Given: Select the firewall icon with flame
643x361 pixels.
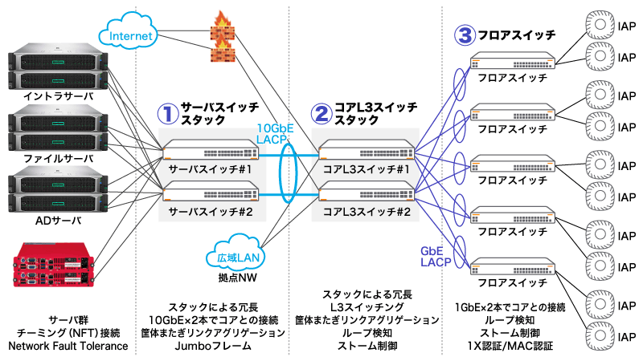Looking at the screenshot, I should pyautogui.click(x=219, y=38).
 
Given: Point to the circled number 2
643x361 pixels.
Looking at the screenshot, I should pyautogui.click(x=321, y=114).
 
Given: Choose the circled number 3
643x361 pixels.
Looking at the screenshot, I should pyautogui.click(x=464, y=34).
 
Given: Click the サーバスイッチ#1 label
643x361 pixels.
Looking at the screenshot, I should pyautogui.click(x=211, y=170).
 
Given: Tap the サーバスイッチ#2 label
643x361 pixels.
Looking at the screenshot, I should pyautogui.click(x=211, y=213).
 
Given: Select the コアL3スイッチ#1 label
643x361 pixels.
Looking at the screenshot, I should pyautogui.click(x=367, y=170).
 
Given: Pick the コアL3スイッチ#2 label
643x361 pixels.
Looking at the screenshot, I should pyautogui.click(x=367, y=213).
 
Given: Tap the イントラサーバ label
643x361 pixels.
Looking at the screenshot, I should pyautogui.click(x=59, y=96).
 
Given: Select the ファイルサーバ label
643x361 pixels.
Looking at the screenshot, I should pyautogui.click(x=59, y=158).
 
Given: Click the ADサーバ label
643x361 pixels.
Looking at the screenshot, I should pyautogui.click(x=59, y=220).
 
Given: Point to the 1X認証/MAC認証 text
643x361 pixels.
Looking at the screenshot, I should pyautogui.click(x=510, y=346).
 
